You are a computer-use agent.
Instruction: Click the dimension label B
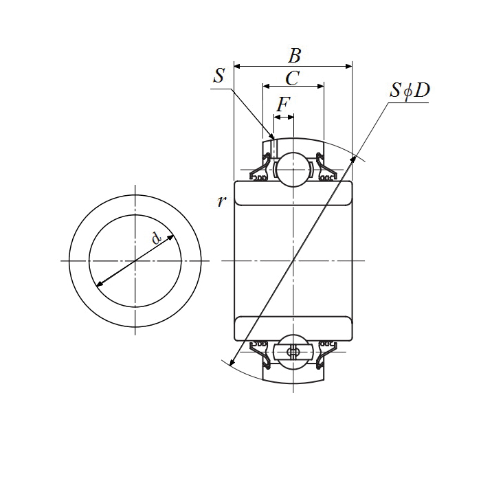[294, 56]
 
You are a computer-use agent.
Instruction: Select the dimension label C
[292, 78]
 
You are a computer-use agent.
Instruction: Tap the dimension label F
[283, 105]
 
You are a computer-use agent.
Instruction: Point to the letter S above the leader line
[219, 76]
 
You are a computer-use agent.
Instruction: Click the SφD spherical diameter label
[410, 91]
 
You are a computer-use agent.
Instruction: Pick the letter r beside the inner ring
[220, 201]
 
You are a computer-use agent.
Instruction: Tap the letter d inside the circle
[157, 238]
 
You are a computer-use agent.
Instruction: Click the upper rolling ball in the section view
[293, 168]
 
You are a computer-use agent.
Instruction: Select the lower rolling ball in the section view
[293, 353]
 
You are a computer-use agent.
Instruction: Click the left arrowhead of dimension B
[238, 67]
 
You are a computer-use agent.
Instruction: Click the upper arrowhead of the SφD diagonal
[355, 159]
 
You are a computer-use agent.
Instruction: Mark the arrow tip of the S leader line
[272, 137]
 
